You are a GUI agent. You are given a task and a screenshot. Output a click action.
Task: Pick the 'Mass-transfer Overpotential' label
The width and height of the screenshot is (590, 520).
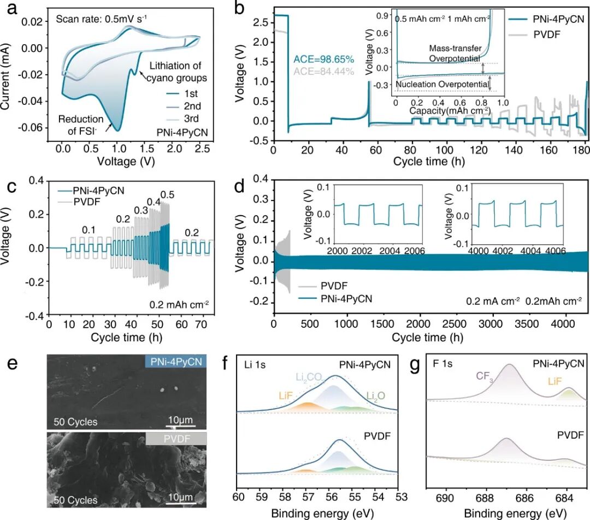click(454, 53)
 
